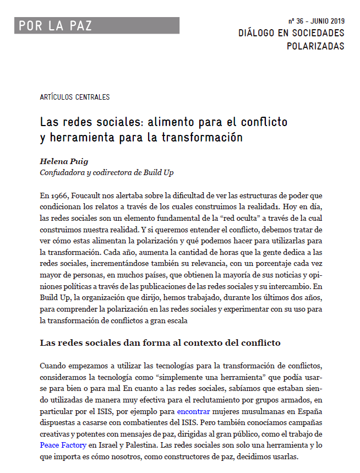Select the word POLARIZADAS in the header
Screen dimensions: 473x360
pyautogui.click(x=315, y=46)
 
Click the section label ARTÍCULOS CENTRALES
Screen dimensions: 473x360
pyautogui.click(x=75, y=97)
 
